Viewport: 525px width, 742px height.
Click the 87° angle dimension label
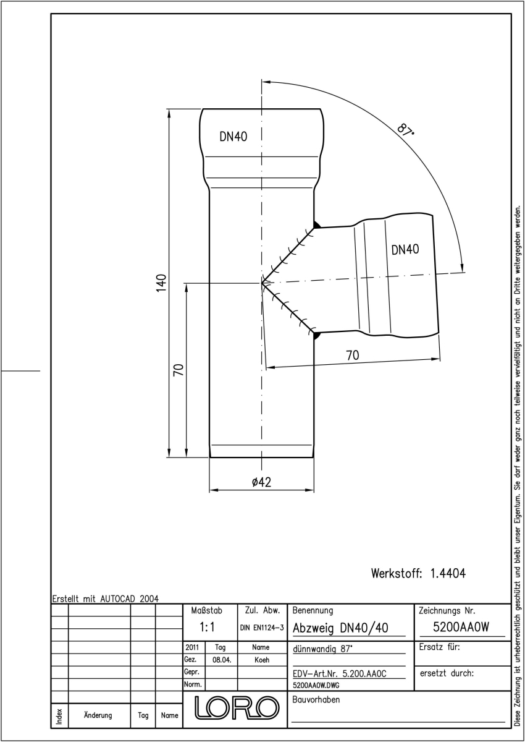pyautogui.click(x=406, y=129)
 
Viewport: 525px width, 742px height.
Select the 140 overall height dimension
pyautogui.click(x=161, y=283)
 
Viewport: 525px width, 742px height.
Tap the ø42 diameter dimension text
pyautogui.click(x=261, y=482)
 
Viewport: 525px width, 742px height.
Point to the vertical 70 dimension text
pyautogui.click(x=178, y=370)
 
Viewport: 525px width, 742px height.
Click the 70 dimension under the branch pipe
pyautogui.click(x=352, y=356)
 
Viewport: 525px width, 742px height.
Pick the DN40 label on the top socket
pyautogui.click(x=233, y=137)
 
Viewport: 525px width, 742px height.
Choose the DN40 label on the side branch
pyautogui.click(x=405, y=249)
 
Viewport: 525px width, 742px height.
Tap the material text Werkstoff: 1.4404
pyautogui.click(x=418, y=573)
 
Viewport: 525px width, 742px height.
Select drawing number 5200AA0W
pyautogui.click(x=461, y=627)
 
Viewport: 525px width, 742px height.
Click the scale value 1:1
pyautogui.click(x=207, y=627)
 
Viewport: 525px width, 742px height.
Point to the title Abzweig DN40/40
pyautogui.click(x=340, y=628)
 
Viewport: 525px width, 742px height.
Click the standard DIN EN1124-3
pyautogui.click(x=262, y=628)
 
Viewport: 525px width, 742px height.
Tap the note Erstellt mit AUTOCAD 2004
pyautogui.click(x=106, y=599)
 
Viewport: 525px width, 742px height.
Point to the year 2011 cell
pyautogui.click(x=192, y=647)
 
